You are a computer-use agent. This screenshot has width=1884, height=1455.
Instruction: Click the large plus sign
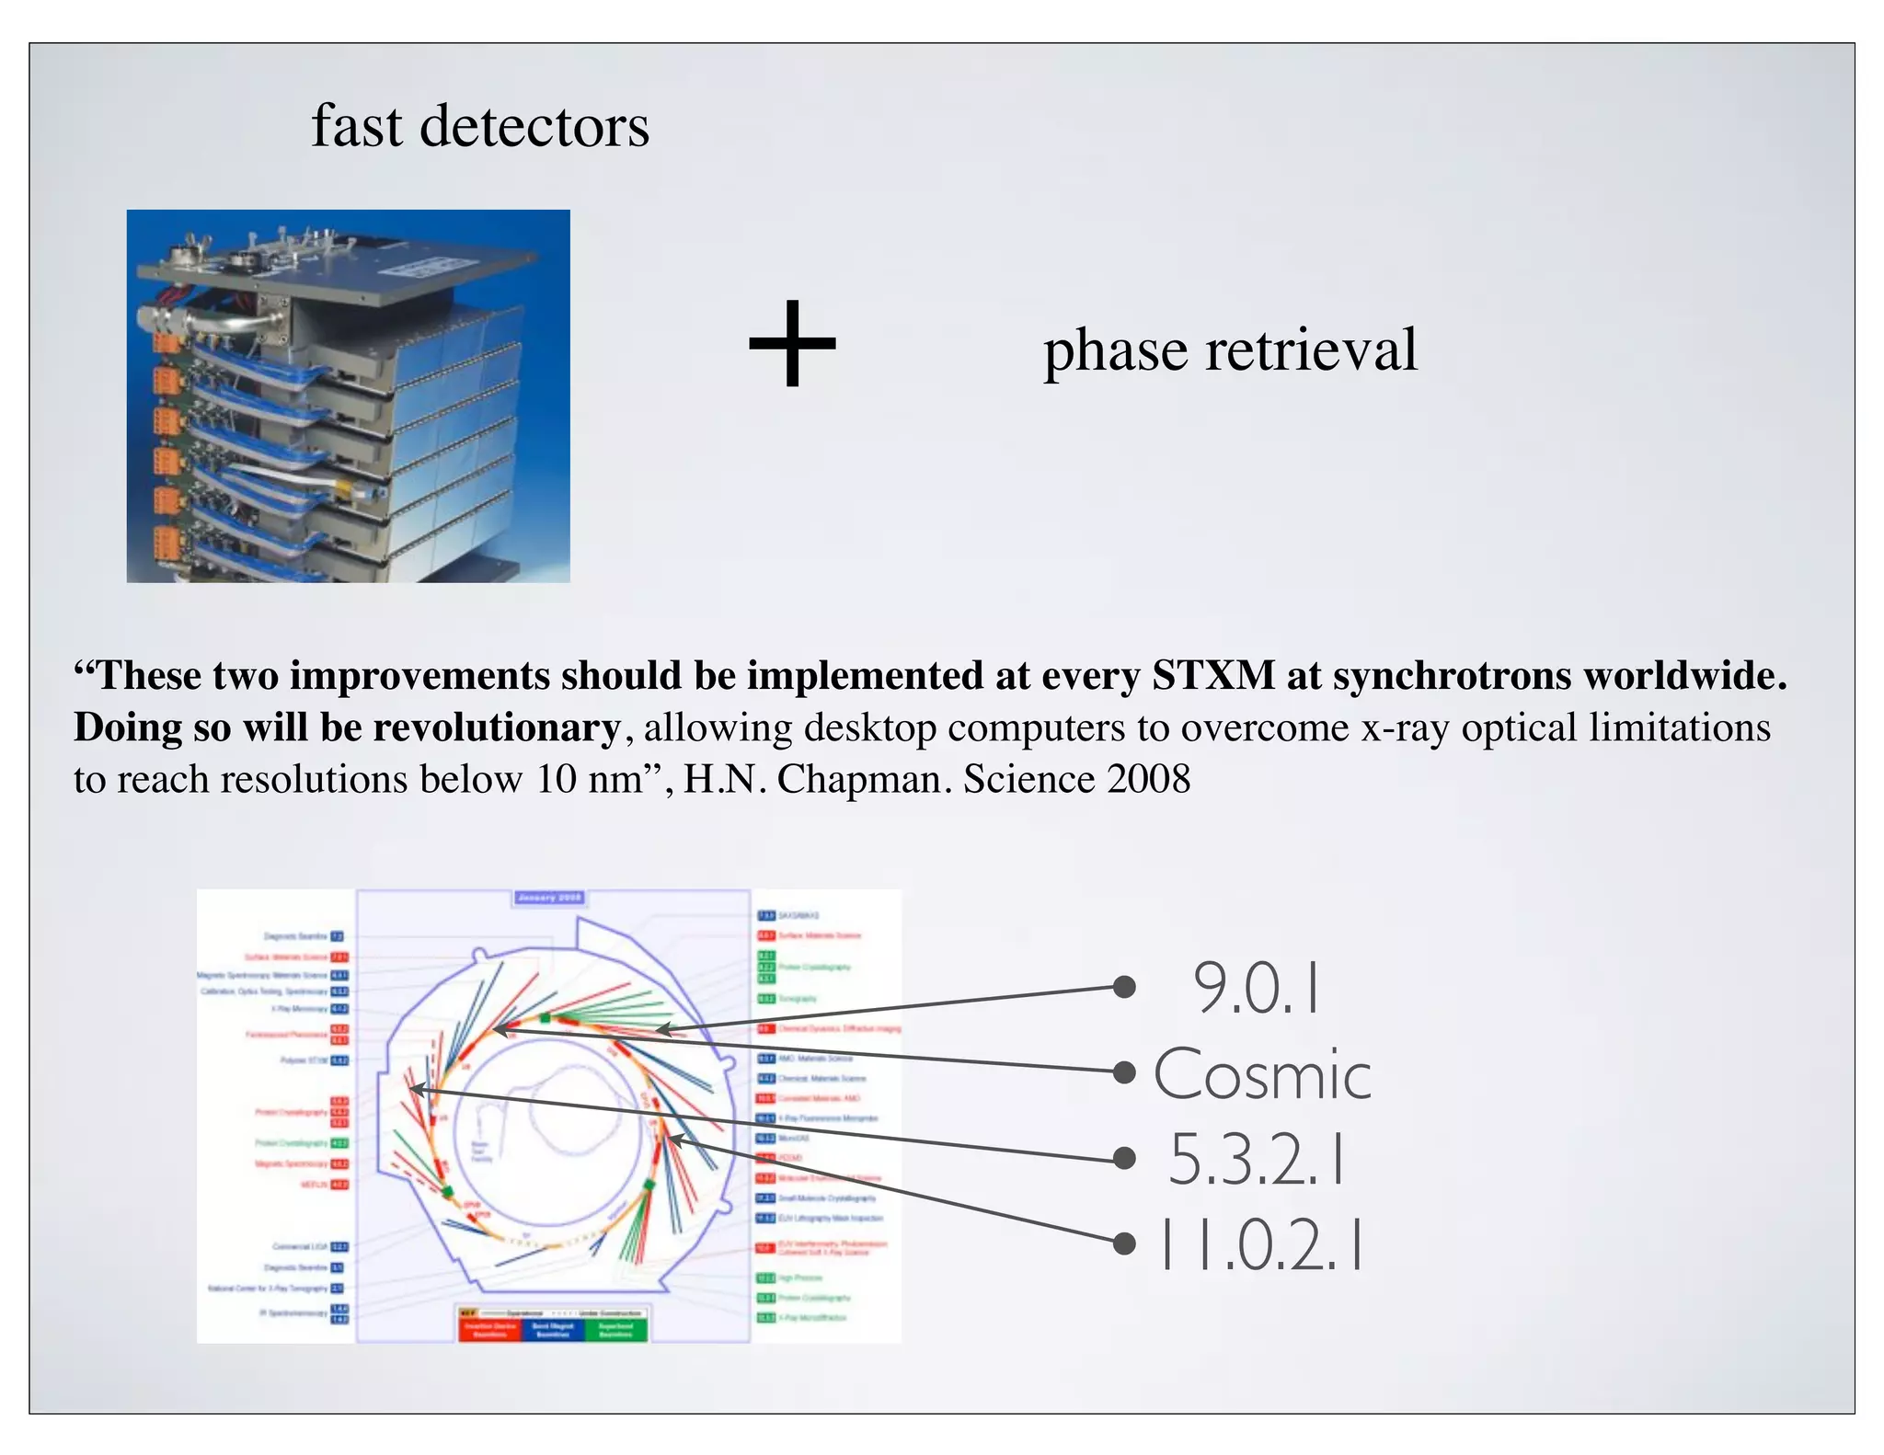coord(792,344)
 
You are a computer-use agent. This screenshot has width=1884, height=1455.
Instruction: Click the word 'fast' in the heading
coord(357,126)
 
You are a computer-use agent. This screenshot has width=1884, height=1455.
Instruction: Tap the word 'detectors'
coord(534,126)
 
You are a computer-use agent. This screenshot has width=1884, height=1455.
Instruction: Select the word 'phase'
coord(1116,351)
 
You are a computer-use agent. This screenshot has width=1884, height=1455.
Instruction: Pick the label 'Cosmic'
coord(1262,1074)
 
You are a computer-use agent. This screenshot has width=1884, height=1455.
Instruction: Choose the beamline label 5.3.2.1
coord(1257,1160)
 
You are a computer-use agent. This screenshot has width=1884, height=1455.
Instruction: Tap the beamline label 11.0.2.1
coord(1260,1244)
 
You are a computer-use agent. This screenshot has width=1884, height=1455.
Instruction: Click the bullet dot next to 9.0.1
coord(1123,987)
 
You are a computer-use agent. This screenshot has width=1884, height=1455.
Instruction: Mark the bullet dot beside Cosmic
coord(1123,1072)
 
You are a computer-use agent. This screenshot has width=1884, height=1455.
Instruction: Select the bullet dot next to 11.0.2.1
coord(1123,1243)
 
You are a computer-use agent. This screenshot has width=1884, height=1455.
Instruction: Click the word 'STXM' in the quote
coord(1213,676)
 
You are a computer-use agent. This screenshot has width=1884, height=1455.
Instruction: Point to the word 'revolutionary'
coord(497,728)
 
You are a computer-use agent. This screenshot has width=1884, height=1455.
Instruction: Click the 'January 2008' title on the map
coord(549,898)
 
